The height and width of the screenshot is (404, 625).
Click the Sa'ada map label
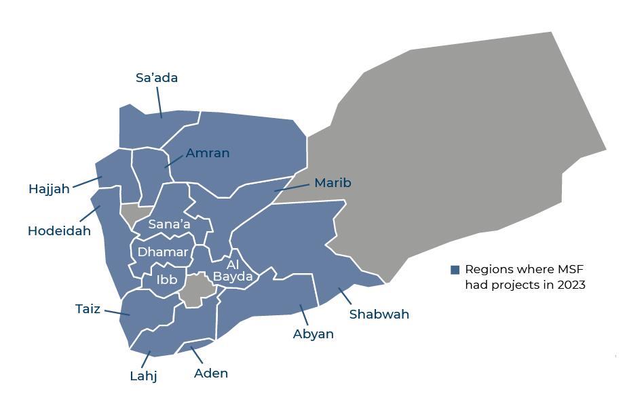point(157,78)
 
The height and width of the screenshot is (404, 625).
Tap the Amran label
point(208,153)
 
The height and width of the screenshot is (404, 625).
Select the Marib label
point(333,183)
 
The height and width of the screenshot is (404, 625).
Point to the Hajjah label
point(49,189)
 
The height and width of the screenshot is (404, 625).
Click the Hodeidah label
point(59,231)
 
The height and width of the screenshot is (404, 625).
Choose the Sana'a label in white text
point(169,224)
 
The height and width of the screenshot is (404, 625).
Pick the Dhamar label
point(163,252)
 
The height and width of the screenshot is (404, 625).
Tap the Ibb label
point(167,279)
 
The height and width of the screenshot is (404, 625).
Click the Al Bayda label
point(233,270)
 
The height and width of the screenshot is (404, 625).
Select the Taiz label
point(88,309)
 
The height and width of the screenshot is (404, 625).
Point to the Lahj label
point(143,376)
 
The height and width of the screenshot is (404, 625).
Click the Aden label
point(211,373)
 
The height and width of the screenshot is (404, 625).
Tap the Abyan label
point(313,334)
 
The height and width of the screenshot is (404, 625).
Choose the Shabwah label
point(379,315)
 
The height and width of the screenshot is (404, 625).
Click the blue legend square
point(455,270)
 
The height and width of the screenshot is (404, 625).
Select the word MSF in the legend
point(570,269)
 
